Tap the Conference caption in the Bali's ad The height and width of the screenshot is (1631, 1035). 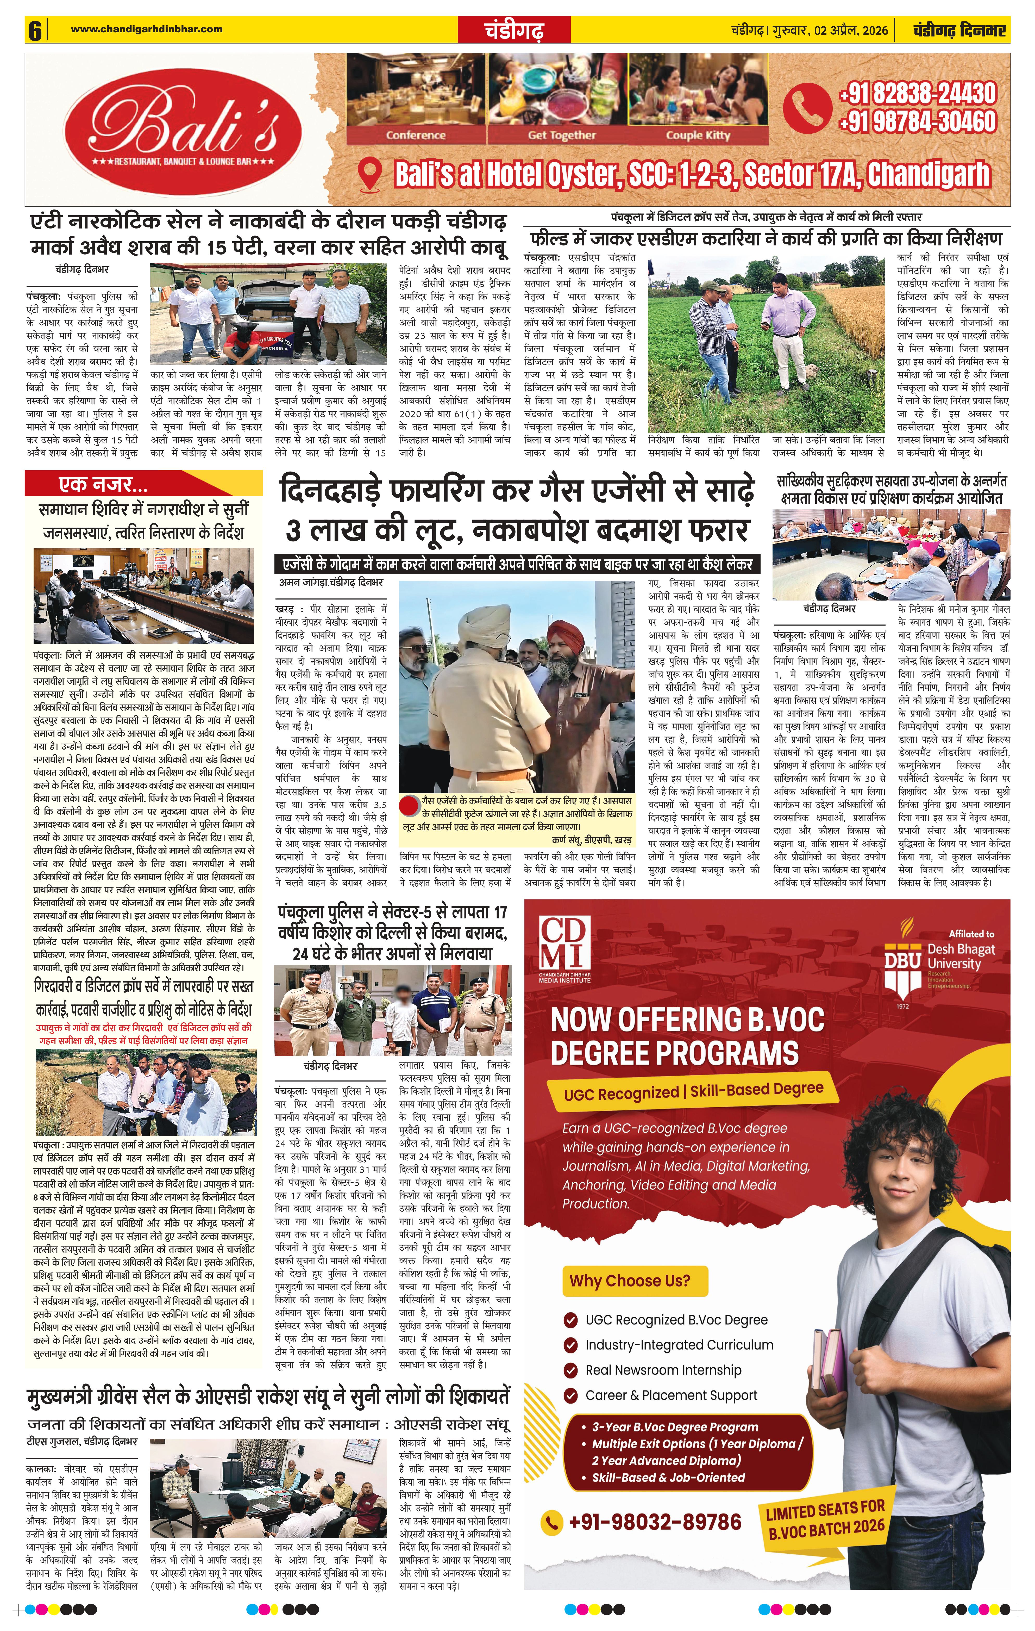tap(416, 135)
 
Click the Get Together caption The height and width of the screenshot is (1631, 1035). tap(561, 135)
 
